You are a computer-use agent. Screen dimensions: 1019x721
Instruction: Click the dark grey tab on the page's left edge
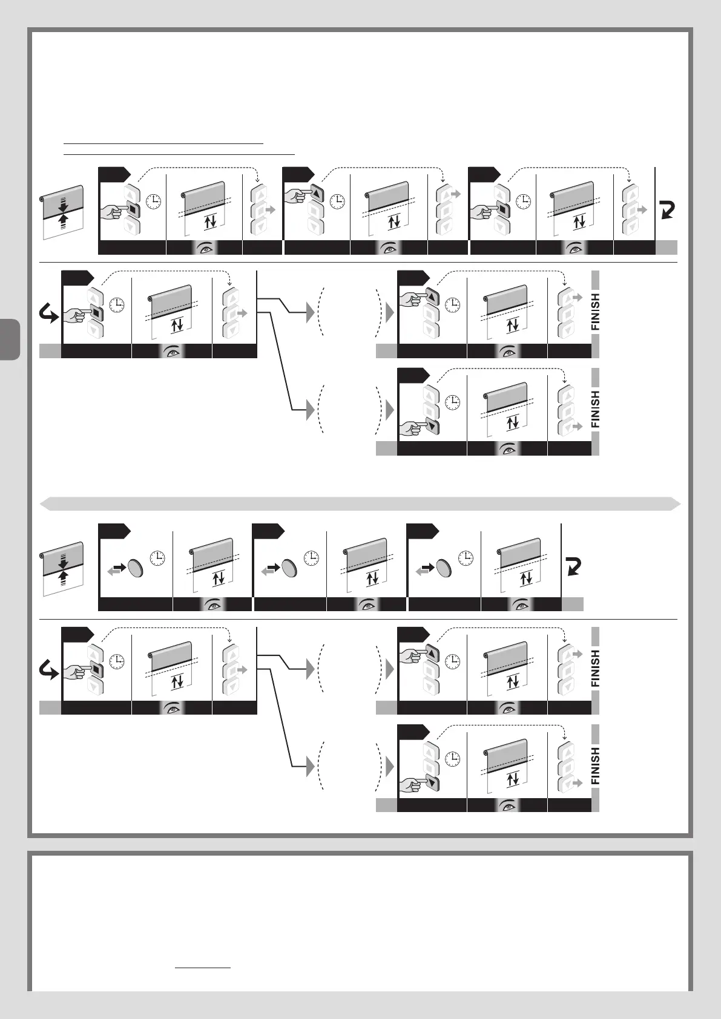(10, 339)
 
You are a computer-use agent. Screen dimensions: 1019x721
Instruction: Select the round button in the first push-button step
(137, 567)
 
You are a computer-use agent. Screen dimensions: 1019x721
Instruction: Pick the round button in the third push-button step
(445, 567)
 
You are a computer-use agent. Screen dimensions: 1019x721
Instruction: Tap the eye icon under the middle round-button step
(367, 603)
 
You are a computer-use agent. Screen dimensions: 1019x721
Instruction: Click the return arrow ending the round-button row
(572, 567)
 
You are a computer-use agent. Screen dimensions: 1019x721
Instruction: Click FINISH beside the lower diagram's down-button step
(595, 765)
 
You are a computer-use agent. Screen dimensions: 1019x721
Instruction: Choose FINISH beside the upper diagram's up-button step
(595, 312)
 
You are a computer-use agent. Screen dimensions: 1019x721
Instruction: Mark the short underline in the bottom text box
(203, 968)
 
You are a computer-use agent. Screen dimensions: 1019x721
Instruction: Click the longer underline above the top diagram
(179, 154)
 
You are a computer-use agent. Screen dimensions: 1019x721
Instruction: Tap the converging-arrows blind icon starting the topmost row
(62, 213)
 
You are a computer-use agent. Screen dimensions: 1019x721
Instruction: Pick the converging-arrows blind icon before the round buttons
(62, 569)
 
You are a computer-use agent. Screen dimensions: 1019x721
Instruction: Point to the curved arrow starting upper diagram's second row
(49, 314)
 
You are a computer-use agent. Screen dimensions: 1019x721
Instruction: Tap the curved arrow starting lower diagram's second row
(49, 670)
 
